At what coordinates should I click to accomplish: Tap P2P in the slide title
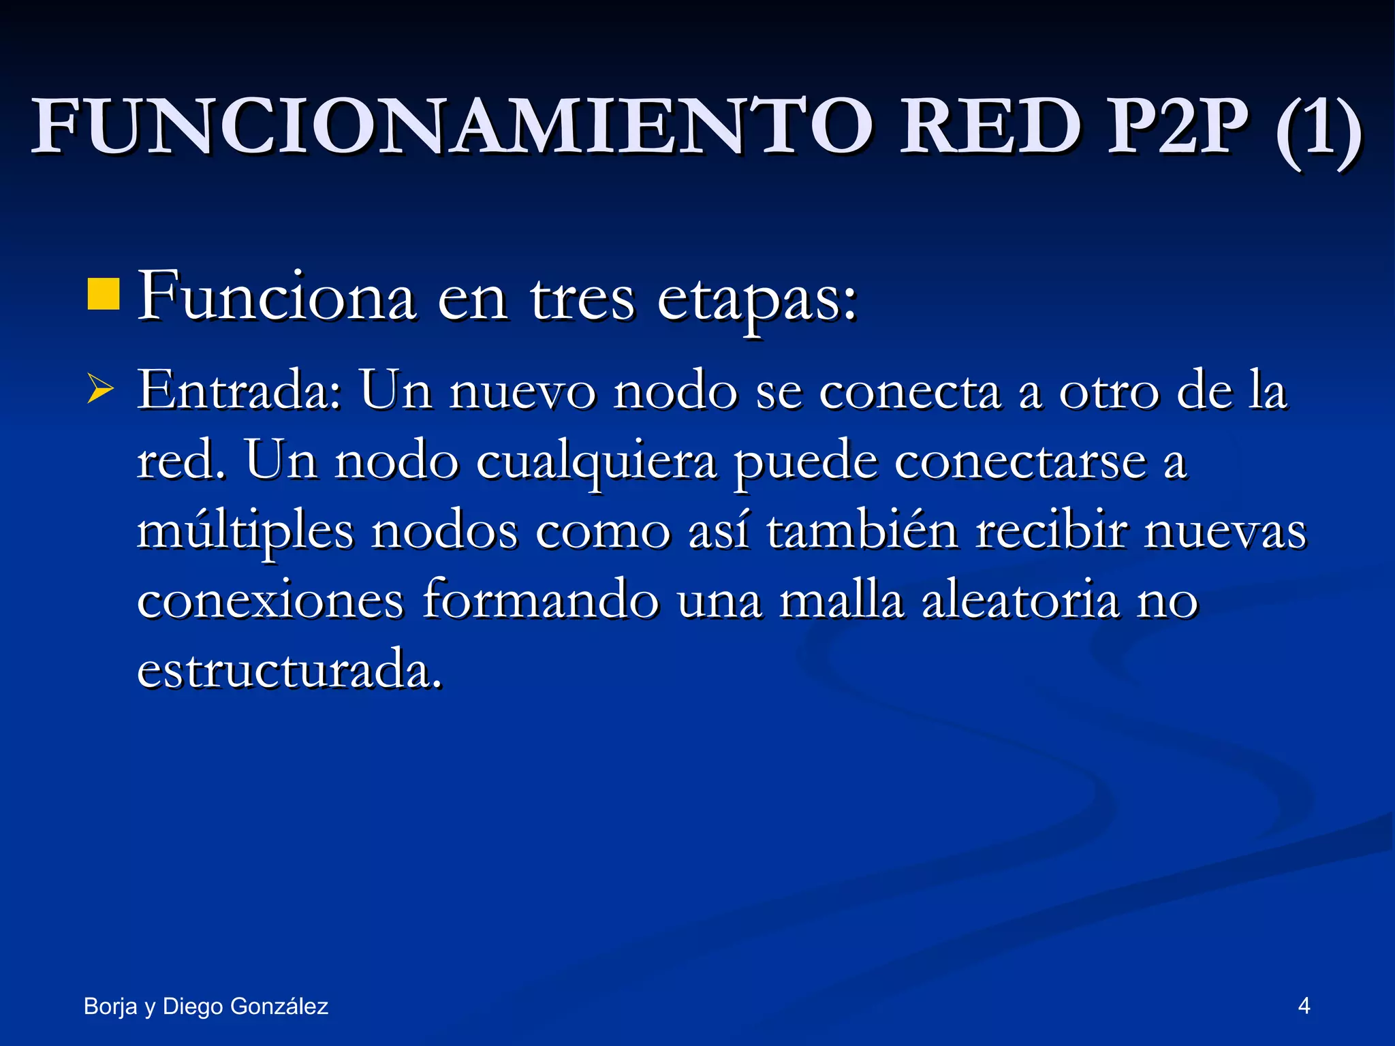tap(1178, 127)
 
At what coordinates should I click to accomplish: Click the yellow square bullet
tap(104, 294)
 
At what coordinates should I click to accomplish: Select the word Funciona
tap(277, 298)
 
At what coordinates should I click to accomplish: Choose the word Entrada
tap(238, 391)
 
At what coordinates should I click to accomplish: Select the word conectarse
tap(1020, 462)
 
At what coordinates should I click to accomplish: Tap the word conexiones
tap(270, 601)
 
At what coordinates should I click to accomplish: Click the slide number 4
tap(1304, 1006)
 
